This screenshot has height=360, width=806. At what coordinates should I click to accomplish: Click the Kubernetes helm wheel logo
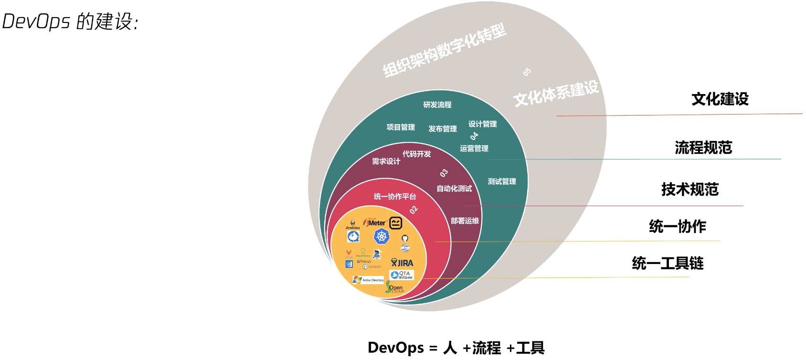382,236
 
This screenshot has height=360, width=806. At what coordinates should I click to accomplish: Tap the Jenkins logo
352,224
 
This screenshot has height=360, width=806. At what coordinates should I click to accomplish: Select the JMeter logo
375,222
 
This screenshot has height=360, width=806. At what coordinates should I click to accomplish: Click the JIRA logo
402,263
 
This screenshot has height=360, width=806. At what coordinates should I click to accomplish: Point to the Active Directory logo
368,280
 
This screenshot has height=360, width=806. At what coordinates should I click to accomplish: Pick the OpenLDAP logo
395,288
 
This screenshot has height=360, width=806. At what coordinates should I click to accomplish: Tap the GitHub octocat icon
405,238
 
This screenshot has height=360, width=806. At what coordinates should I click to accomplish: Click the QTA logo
402,275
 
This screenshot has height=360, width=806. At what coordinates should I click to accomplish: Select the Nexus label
364,261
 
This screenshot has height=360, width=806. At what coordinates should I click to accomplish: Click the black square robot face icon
395,223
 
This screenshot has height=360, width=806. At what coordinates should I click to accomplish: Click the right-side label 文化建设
720,99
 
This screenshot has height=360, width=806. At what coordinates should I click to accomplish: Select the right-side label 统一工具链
668,263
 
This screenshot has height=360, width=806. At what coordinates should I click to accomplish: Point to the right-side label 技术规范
689,190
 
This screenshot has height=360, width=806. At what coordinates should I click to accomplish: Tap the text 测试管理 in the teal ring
502,181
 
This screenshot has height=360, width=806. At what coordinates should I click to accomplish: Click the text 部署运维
465,221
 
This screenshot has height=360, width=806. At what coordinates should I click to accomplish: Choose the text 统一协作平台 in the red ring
395,196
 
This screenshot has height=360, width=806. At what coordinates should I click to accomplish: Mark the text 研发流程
437,105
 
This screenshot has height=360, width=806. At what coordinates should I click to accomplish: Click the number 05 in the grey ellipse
527,72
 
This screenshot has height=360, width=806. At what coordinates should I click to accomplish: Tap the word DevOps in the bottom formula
396,348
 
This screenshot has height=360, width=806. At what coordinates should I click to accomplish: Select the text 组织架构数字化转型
444,51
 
